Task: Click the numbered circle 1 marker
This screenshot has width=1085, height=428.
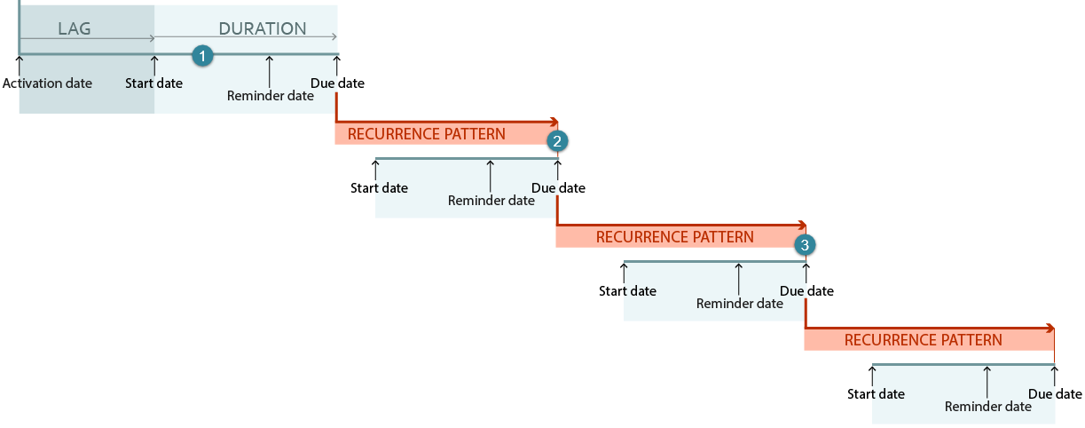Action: (x=202, y=56)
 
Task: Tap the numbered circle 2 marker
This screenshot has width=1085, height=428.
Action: (x=557, y=141)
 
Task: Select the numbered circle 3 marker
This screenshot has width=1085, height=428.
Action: (x=805, y=244)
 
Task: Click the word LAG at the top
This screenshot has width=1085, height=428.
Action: (x=75, y=28)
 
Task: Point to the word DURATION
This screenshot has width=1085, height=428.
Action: (x=263, y=28)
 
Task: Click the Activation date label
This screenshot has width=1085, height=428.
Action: (x=47, y=83)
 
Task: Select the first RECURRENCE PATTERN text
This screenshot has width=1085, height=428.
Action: (x=427, y=134)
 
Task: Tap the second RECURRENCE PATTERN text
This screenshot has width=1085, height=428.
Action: (x=674, y=237)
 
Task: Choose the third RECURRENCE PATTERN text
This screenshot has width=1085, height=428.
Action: (x=923, y=340)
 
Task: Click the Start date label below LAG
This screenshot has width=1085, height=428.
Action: (x=153, y=83)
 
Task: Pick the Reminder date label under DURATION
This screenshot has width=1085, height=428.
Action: (x=271, y=96)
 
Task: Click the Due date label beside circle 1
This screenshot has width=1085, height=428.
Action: (x=337, y=83)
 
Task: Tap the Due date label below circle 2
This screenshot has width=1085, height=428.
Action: (x=558, y=188)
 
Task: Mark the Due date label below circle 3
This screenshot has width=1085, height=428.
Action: (x=806, y=291)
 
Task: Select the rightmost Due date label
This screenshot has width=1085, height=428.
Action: (x=1055, y=394)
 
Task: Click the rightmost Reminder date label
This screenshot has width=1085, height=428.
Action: (x=988, y=407)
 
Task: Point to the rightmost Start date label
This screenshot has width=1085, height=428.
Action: (x=876, y=394)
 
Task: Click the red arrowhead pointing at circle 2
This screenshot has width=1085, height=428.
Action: (x=554, y=122)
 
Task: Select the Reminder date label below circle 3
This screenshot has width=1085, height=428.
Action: (x=740, y=304)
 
